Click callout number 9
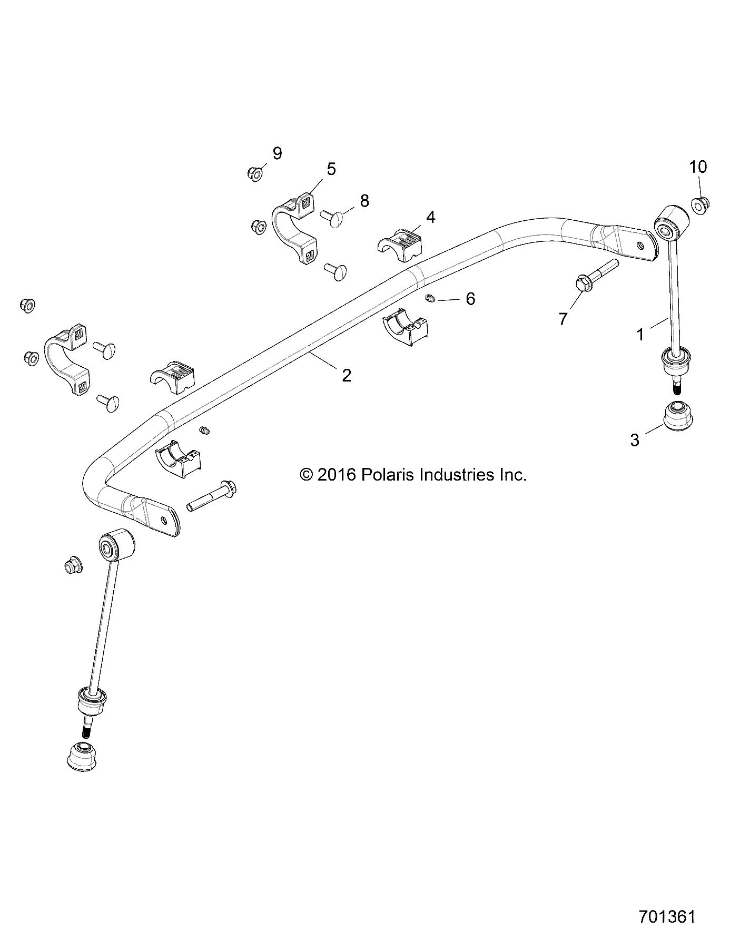pos(277,153)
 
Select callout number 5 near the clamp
pos(331,169)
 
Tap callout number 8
pos(364,201)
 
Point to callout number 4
pos(430,217)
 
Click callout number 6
pos(470,299)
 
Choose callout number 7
pos(563,318)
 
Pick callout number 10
pos(698,167)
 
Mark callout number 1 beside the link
pos(640,334)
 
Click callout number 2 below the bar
pos(346,375)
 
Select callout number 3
pos(635,439)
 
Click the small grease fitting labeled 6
pos(429,299)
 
